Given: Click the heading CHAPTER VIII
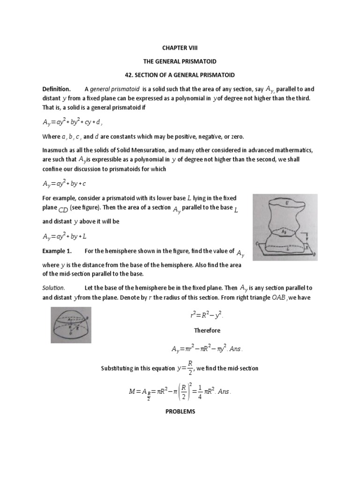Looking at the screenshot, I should click(x=180, y=48).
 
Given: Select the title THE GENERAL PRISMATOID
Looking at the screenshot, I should click(x=180, y=61).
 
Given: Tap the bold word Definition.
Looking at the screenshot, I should click(x=56, y=89).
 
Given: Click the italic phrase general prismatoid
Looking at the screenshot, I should click(x=113, y=89).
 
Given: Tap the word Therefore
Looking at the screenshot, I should click(x=207, y=330).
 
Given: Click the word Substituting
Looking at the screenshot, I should click(x=119, y=368).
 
